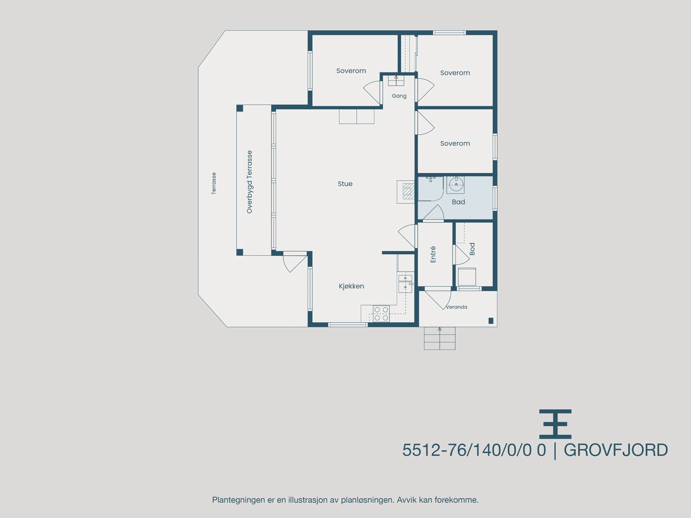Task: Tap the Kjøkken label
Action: tap(351, 286)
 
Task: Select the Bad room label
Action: tap(458, 202)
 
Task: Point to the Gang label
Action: tap(399, 96)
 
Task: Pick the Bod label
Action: tap(472, 249)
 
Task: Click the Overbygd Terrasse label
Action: tap(249, 182)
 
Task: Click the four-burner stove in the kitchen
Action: tap(381, 313)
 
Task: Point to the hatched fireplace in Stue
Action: tap(408, 191)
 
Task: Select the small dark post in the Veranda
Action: tap(491, 321)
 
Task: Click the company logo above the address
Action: tap(555, 424)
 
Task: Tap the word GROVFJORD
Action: tap(615, 450)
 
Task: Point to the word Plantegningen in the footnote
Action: tap(238, 500)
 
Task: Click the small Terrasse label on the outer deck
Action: tap(214, 184)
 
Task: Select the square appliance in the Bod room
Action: tap(467, 277)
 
